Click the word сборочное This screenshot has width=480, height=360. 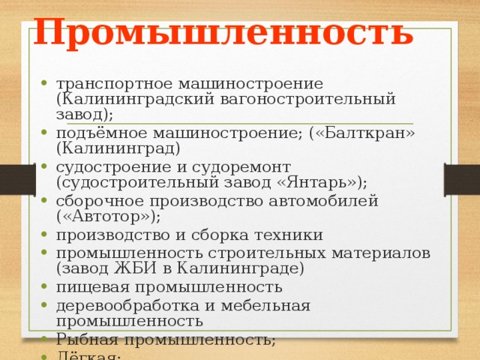101,200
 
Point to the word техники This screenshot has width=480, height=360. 285,235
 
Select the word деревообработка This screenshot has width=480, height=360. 123,305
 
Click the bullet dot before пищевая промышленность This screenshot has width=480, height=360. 46,287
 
